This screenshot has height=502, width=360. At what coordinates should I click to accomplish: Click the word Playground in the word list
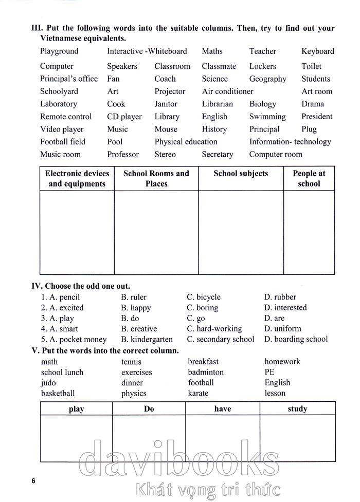(59, 51)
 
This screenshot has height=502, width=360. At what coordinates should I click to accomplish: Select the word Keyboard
(317, 51)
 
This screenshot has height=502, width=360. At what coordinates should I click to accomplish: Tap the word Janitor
(166, 104)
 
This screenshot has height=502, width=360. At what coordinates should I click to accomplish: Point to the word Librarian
(217, 104)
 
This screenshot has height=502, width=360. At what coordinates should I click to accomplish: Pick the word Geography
(267, 79)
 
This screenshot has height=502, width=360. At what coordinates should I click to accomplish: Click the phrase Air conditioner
(227, 91)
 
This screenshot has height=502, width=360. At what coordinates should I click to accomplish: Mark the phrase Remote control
(66, 117)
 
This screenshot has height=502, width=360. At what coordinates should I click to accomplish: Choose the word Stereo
(165, 154)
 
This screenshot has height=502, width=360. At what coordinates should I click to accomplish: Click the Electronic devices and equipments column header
(77, 179)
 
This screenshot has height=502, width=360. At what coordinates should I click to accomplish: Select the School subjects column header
(241, 174)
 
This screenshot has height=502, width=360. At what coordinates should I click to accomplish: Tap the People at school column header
(309, 179)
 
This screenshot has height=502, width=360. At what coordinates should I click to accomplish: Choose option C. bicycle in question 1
(204, 297)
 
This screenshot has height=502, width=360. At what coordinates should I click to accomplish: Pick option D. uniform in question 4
(282, 329)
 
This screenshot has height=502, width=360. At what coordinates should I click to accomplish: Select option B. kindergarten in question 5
(147, 339)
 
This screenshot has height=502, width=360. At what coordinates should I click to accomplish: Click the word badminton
(206, 372)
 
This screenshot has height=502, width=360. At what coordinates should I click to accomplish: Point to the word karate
(198, 394)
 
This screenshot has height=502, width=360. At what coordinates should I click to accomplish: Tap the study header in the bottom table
(297, 409)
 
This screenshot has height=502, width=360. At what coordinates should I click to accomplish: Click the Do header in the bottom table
(149, 409)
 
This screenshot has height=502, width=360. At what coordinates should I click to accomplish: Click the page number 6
(33, 481)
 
